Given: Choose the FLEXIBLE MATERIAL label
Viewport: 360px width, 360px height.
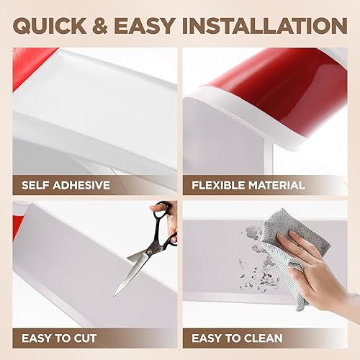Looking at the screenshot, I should [248, 185].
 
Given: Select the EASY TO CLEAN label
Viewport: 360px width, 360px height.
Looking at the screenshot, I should [241, 337].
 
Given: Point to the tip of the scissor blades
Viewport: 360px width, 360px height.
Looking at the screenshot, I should [116, 294].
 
